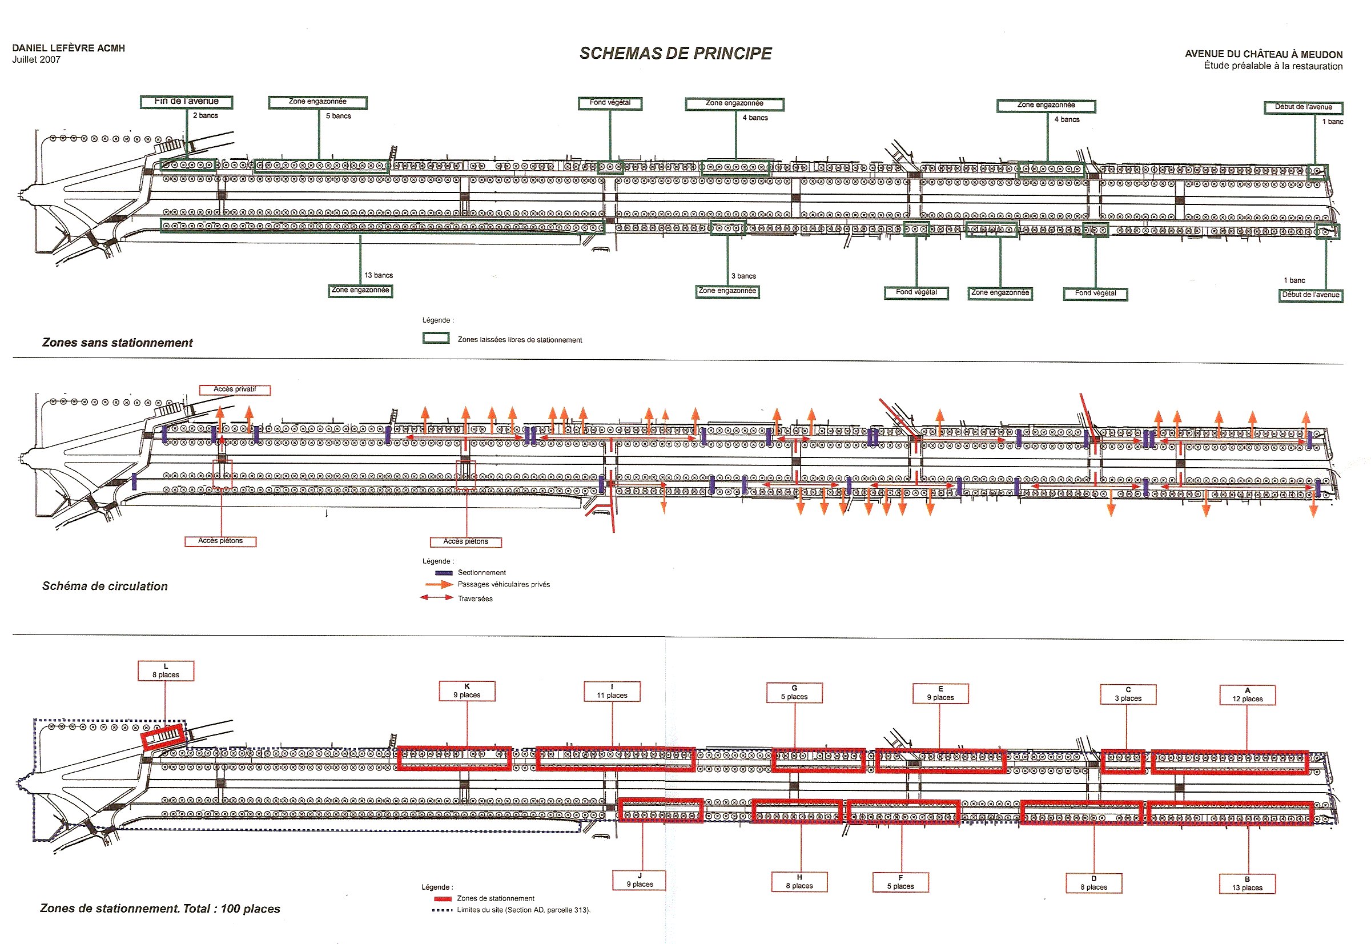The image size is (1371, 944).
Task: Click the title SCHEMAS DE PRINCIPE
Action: pos(676,53)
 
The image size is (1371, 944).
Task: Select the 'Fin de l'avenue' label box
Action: pos(186,102)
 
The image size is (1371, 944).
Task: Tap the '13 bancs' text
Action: pos(379,275)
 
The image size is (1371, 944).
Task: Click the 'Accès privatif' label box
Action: pos(235,390)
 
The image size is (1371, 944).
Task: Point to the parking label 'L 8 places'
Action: pos(166,670)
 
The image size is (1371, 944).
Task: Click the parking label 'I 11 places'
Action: pos(612,692)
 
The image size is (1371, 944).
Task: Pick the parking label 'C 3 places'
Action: pos(1128,694)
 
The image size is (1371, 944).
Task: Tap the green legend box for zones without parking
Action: pos(436,338)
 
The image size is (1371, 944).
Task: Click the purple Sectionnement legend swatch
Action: pos(444,573)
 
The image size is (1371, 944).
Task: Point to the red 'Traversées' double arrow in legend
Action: pos(436,598)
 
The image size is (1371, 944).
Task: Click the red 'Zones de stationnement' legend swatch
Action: pos(443,898)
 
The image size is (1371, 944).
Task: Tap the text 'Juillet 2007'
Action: pos(36,60)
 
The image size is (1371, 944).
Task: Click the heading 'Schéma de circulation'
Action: pos(104,586)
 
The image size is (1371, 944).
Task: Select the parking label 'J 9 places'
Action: pos(639,880)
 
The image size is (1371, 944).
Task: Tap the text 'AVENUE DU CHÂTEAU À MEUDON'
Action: pos(1263,54)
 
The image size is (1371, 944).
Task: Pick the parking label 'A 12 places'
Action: pos(1248,695)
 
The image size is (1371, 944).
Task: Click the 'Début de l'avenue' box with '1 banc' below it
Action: pos(1304,107)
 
